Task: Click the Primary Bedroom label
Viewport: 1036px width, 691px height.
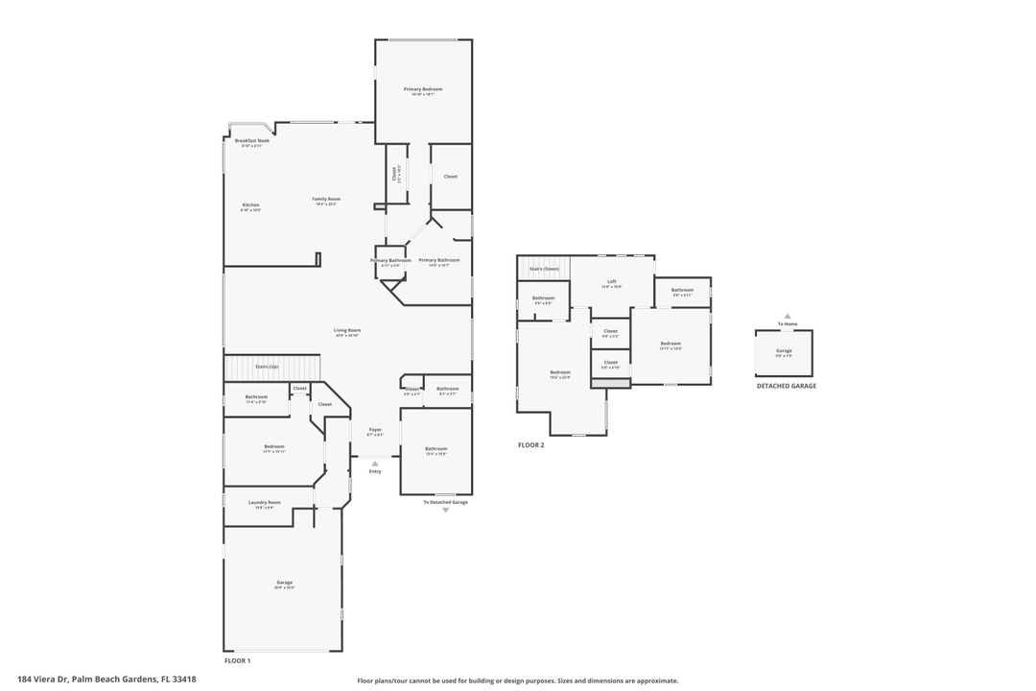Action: pyautogui.click(x=422, y=89)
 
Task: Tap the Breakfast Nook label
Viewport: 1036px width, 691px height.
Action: pyautogui.click(x=252, y=141)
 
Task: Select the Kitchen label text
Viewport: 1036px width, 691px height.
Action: pyautogui.click(x=250, y=204)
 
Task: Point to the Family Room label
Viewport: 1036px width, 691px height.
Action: pyautogui.click(x=326, y=199)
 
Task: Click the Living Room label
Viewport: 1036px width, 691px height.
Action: pyautogui.click(x=347, y=330)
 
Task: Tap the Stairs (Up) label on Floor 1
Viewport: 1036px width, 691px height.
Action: pyautogui.click(x=267, y=367)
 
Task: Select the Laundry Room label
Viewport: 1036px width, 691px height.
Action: pyautogui.click(x=264, y=502)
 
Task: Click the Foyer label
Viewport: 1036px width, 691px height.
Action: pyautogui.click(x=375, y=429)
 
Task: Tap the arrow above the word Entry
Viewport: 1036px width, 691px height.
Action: pyautogui.click(x=375, y=463)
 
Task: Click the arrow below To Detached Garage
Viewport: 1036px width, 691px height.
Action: pyautogui.click(x=445, y=511)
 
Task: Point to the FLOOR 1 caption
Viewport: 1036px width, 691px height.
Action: pyautogui.click(x=237, y=661)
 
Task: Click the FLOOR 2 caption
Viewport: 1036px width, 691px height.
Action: pyautogui.click(x=530, y=445)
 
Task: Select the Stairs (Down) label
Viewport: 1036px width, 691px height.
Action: pyautogui.click(x=544, y=269)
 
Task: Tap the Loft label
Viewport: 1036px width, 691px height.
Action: pyautogui.click(x=611, y=282)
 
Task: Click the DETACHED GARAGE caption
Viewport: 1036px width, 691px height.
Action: pyautogui.click(x=786, y=386)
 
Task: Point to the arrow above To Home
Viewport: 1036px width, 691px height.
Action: pyautogui.click(x=787, y=316)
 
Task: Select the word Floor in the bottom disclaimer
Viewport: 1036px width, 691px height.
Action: pyautogui.click(x=365, y=680)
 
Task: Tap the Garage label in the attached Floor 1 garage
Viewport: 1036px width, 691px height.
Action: pyautogui.click(x=284, y=582)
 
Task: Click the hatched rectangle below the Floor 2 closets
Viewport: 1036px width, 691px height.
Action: pyautogui.click(x=610, y=384)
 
